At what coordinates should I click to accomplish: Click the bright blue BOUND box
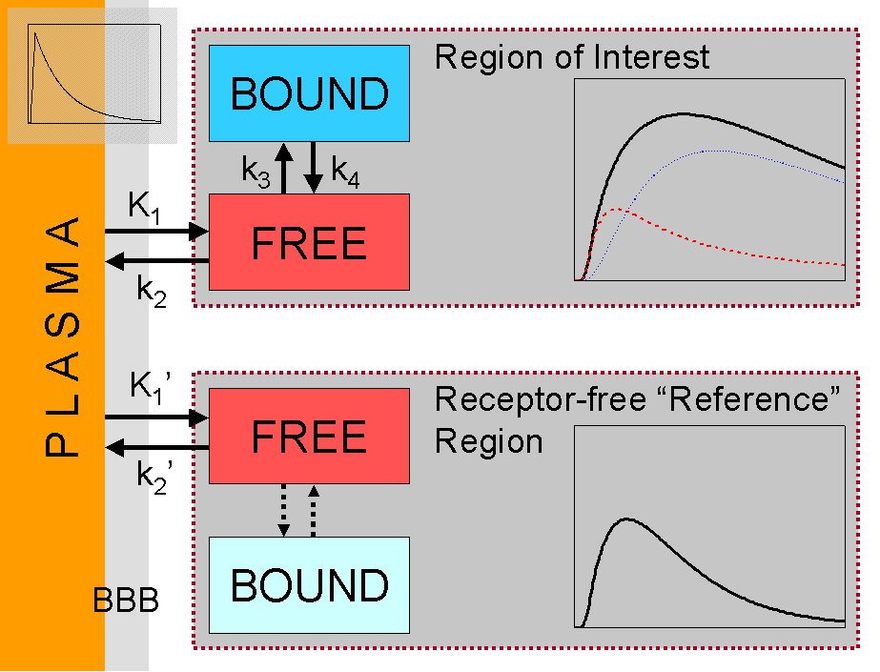tap(310, 93)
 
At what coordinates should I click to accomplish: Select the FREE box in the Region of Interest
tap(310, 242)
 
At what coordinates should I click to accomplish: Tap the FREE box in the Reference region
tap(310, 436)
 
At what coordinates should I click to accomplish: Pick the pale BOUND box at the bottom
tap(310, 583)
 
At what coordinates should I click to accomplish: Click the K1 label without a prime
tap(145, 208)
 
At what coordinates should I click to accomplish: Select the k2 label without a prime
tap(150, 289)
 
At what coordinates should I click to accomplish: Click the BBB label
tap(126, 601)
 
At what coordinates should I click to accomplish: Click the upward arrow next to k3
tap(283, 168)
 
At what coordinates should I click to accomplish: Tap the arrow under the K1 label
tap(156, 231)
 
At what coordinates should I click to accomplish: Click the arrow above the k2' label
tap(156, 448)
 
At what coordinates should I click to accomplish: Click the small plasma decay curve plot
tap(92, 75)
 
